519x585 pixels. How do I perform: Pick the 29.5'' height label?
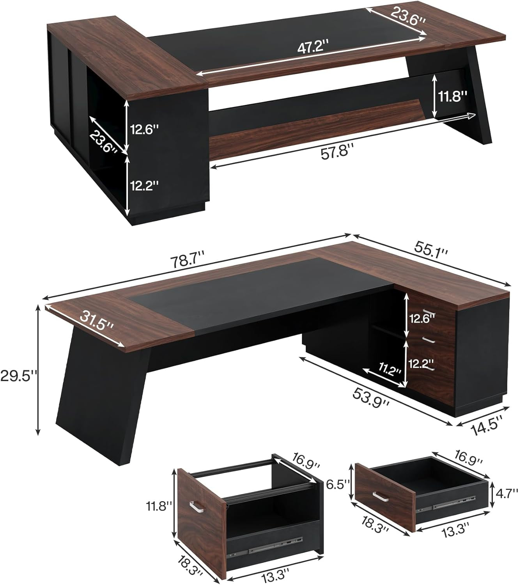pos(18,376)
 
